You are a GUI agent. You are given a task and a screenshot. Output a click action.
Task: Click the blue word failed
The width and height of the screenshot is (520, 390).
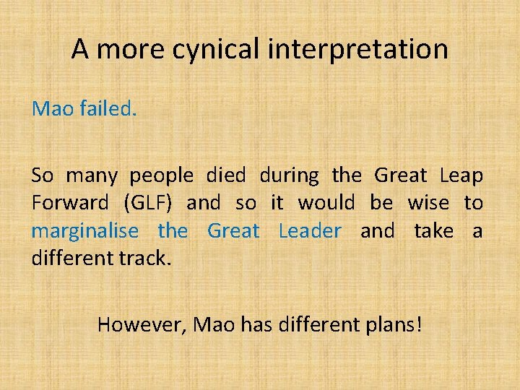(106, 109)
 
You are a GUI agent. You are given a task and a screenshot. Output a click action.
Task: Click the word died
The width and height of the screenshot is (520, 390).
(225, 175)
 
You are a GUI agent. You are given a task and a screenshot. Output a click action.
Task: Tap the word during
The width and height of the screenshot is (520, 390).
(288, 175)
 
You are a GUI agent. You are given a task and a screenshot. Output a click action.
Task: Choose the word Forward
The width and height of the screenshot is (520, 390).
(70, 204)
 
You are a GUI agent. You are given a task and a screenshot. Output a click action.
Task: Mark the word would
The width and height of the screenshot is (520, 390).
(326, 204)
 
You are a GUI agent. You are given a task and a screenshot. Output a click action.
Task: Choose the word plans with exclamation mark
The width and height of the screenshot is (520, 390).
(390, 325)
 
